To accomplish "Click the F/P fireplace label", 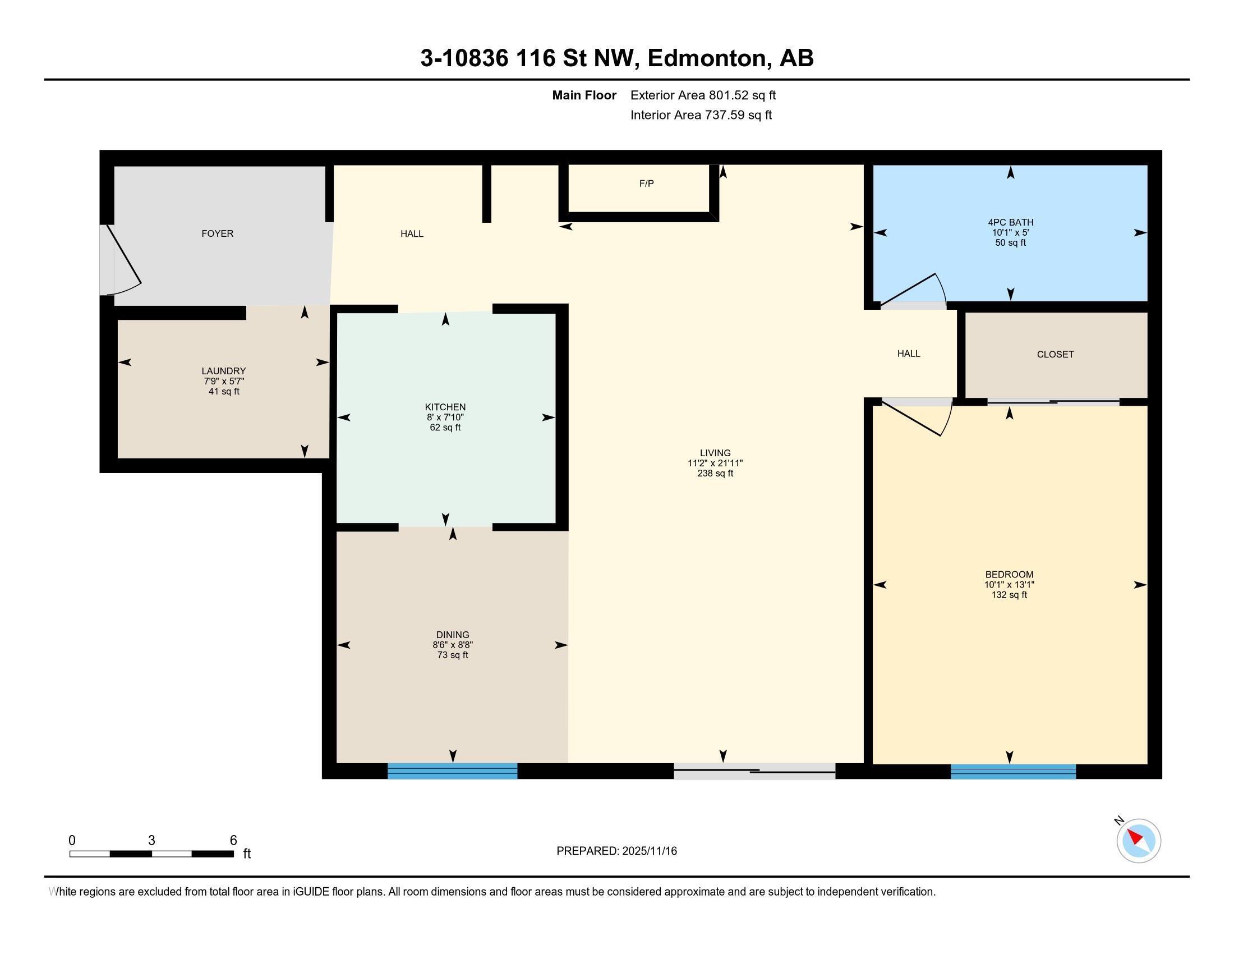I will point(646,184).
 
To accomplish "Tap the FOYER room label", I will point(218,233).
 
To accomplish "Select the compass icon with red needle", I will point(1138,841).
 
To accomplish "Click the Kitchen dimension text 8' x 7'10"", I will point(445,417).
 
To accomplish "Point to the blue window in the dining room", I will point(452,771).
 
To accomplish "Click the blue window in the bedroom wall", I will point(1013,772).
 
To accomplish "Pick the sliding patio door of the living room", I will point(754,771).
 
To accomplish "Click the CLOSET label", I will point(1055,354).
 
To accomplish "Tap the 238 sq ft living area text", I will point(715,474).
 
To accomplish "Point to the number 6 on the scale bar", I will point(233,841).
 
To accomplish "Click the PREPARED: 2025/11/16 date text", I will point(616,851).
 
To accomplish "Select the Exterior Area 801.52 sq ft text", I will point(703,95).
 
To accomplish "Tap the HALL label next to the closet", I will point(909,354).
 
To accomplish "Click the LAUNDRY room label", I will point(224,371).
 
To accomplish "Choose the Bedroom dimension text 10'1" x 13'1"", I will point(1009,585).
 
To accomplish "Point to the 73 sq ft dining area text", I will point(453,655).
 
